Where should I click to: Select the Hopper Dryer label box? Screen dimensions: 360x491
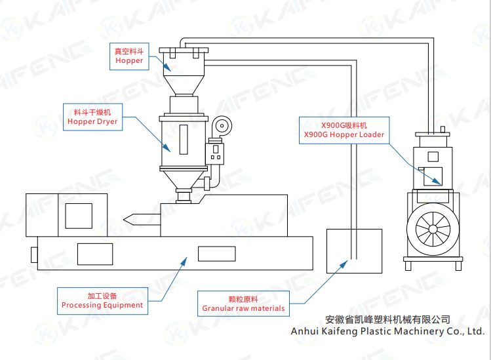pos(92,117)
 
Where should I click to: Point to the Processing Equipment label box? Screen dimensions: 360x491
pos(102,300)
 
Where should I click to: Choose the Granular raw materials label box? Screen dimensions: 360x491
pos(243,304)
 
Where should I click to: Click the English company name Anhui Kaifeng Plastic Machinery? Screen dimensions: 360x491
pos(387,331)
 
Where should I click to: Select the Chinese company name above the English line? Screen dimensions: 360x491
pos(387,319)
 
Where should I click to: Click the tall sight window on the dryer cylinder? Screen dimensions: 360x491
pos(183,138)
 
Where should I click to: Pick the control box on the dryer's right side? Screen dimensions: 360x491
pos(215,154)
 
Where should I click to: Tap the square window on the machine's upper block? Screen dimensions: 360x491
pos(79,215)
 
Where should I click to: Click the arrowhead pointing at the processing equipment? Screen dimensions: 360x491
pos(184,260)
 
